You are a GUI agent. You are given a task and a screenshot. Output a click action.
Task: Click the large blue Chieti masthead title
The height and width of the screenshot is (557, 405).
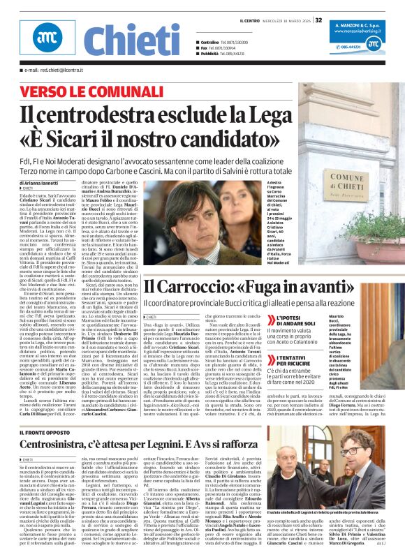(x=132, y=40)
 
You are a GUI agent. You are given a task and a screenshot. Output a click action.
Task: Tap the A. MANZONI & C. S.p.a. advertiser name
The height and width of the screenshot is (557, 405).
(x=363, y=24)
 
